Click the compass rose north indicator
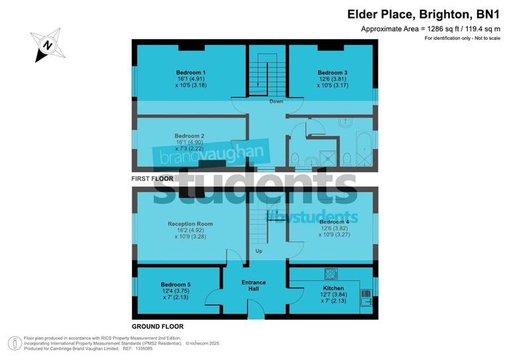click(x=47, y=44)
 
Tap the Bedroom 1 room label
click(x=190, y=72)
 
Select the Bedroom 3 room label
click(x=332, y=72)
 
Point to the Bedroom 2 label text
click(x=190, y=136)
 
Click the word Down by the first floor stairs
click(x=276, y=101)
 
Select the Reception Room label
click(x=190, y=224)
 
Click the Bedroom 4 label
click(x=333, y=221)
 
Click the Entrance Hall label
click(x=253, y=286)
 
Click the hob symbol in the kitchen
click(x=331, y=273)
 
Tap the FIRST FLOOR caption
click(x=152, y=179)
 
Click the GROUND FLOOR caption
click(x=157, y=326)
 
